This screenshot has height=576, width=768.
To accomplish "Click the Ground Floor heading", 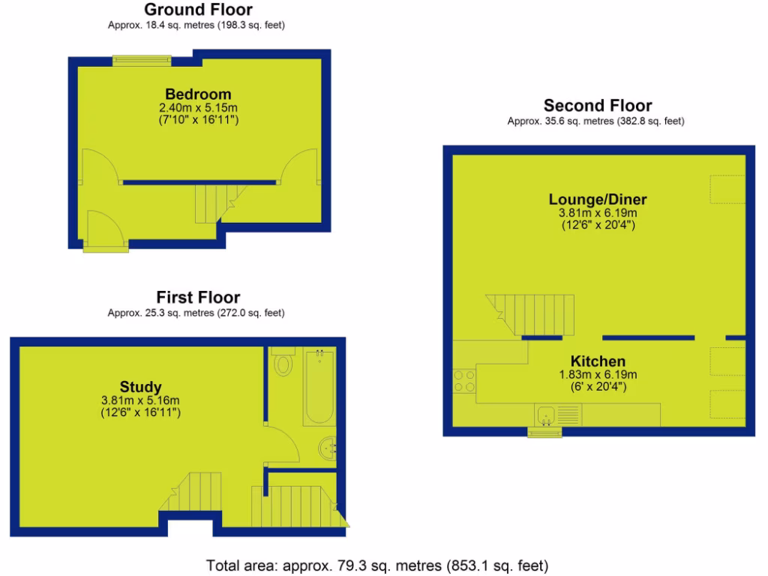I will pos(198,10).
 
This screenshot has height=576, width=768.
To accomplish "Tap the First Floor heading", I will pos(198,297).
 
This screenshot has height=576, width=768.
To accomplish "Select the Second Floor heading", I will pos(598,106).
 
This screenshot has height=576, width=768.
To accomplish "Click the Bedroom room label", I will pos(198,94).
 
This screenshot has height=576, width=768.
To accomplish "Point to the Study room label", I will pos(141,387).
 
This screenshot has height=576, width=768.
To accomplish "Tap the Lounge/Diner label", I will pos(598,199).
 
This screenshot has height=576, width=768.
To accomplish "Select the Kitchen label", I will pos(598,361).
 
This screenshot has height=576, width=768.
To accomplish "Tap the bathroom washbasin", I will pos(328,448).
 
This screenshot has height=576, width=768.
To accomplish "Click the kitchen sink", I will pos(547,413).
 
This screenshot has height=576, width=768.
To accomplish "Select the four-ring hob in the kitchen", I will pos(463,382).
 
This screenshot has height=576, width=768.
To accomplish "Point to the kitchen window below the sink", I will pos(546,430).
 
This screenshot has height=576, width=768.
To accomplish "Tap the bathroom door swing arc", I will pos(283,444).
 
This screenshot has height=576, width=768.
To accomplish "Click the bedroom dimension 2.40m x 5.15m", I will pos(198,108).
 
